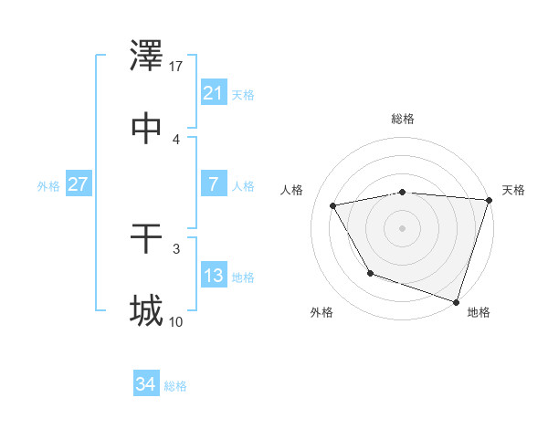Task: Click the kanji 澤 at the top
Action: tap(146, 58)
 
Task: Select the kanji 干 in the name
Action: tap(146, 239)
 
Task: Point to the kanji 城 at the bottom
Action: tap(146, 311)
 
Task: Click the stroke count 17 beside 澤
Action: tap(176, 67)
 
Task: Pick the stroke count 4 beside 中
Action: tap(176, 139)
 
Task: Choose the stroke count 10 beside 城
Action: tap(176, 321)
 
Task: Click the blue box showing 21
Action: tap(213, 92)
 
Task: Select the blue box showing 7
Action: tap(213, 184)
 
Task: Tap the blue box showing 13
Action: tap(213, 276)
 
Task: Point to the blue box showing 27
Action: tap(78, 184)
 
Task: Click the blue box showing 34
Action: tap(145, 384)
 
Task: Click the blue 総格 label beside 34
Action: tap(175, 386)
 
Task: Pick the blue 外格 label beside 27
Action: tap(48, 186)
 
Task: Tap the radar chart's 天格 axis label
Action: tap(513, 190)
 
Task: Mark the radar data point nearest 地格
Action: tap(457, 301)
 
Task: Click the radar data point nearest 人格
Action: tap(333, 206)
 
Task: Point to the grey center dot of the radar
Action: tap(403, 228)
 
